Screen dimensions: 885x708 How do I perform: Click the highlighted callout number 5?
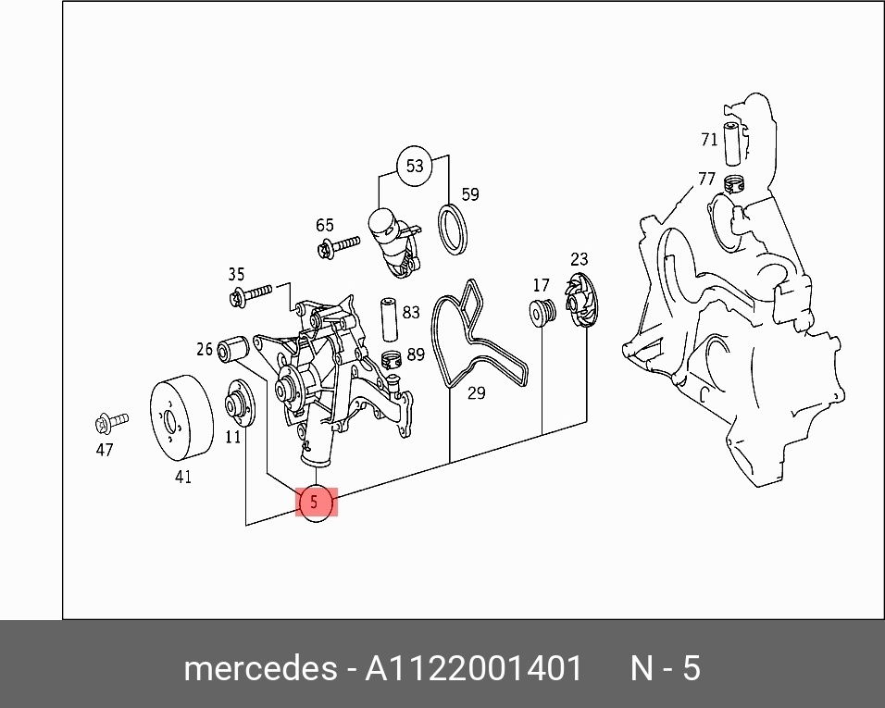(316, 502)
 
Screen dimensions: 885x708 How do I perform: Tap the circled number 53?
(415, 166)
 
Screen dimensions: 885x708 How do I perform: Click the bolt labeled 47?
(111, 423)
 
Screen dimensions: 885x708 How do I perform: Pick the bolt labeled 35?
(251, 295)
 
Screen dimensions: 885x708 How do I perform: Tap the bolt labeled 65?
(339, 246)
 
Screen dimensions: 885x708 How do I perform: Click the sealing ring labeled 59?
(454, 230)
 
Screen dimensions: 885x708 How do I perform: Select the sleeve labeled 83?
(390, 319)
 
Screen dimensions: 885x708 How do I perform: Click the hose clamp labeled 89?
(392, 359)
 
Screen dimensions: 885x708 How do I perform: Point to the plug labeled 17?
(542, 312)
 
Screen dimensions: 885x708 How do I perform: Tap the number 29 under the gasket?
(477, 393)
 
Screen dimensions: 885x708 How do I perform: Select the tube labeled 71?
(732, 143)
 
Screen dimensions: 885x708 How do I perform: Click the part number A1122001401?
(474, 669)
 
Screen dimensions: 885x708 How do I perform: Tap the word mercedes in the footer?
(261, 669)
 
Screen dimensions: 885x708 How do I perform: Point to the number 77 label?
(706, 179)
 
